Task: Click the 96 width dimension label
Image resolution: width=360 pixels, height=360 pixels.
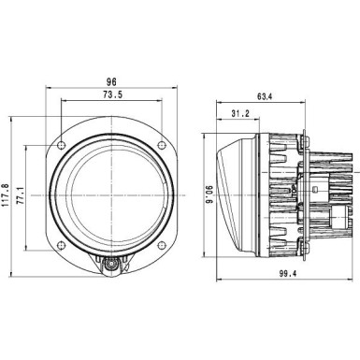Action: (x=111, y=80)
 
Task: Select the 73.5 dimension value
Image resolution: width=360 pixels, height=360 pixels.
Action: (x=111, y=95)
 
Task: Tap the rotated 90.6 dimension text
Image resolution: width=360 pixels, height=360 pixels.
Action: (x=211, y=198)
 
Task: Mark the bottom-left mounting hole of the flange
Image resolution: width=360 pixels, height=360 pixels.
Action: (x=61, y=250)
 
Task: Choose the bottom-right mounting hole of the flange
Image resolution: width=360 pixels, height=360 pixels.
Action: (x=164, y=250)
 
